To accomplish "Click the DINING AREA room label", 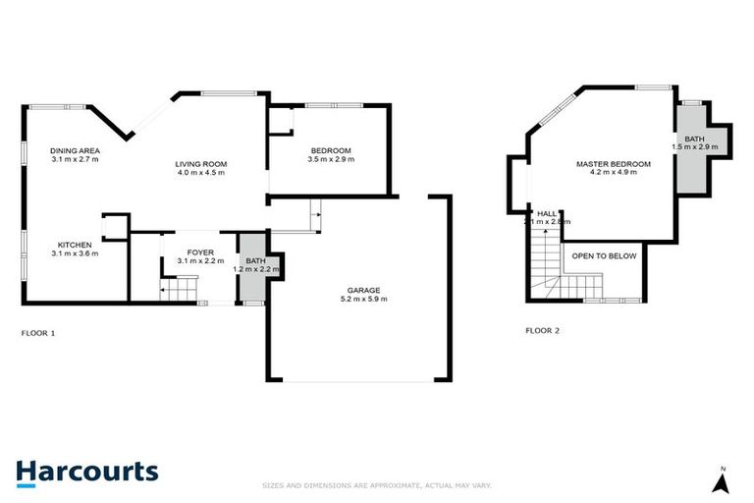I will click(75, 150).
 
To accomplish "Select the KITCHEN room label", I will click(75, 245).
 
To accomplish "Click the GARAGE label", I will click(363, 290).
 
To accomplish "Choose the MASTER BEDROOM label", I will click(613, 164).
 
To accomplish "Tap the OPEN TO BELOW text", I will click(604, 256).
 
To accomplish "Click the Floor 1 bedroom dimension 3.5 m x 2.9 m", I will click(330, 159).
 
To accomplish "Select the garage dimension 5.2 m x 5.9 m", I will click(363, 299).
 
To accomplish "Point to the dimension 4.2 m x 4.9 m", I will click(613, 173).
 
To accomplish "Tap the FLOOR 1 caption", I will click(38, 332).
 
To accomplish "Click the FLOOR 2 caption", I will click(542, 330).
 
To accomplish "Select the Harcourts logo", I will click(86, 472).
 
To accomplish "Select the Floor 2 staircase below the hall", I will click(543, 266).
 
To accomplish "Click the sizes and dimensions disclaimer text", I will click(376, 485).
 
